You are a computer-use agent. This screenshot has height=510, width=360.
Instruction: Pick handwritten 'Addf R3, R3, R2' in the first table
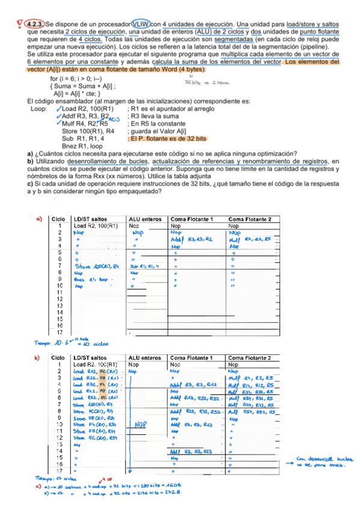point(191,239)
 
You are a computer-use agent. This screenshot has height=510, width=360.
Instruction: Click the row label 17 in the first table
point(60,331)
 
